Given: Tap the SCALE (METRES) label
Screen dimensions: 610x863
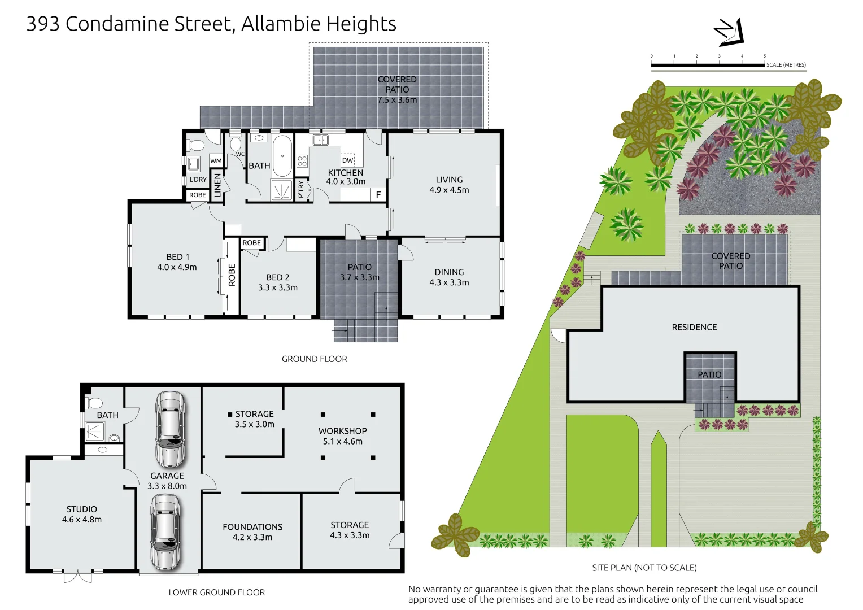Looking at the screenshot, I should (x=786, y=65).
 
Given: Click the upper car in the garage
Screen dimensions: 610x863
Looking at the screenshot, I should (x=170, y=428).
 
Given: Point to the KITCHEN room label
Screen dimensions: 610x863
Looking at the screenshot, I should (x=345, y=173).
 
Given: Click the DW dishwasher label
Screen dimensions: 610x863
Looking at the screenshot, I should (x=347, y=160).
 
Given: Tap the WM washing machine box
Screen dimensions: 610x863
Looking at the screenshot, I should (x=216, y=161).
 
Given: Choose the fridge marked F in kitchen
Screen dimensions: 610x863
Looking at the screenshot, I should (x=378, y=195).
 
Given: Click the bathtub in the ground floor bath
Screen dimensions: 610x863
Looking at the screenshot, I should (x=282, y=156).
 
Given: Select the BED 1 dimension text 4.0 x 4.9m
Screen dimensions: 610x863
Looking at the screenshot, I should (x=177, y=267).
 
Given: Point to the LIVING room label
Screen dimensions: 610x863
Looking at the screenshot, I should (x=449, y=180).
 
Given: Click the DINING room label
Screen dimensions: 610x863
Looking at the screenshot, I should (x=449, y=272).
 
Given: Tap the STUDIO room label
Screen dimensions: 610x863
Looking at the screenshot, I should (x=82, y=509).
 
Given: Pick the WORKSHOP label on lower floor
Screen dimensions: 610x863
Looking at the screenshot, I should (x=342, y=431).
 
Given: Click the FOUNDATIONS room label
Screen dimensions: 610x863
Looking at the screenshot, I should (x=252, y=526).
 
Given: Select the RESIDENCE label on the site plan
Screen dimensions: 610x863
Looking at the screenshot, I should (x=694, y=327).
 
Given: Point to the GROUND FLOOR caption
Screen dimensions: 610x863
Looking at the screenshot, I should (x=314, y=359).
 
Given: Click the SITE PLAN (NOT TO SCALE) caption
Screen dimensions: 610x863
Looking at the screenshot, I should (x=644, y=568).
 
